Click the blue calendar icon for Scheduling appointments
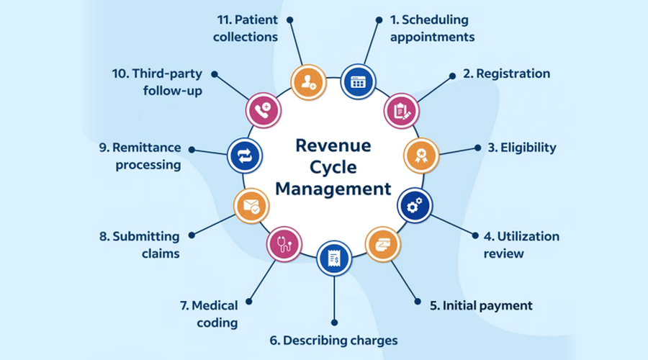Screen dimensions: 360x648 (x=358, y=81)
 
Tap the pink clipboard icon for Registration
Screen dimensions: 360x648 (x=401, y=110)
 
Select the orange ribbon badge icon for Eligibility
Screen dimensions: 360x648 (x=419, y=155)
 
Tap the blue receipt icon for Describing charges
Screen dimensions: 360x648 (x=333, y=258)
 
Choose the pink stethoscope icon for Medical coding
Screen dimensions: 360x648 (x=284, y=243)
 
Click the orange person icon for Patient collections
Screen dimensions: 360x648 (x=308, y=82)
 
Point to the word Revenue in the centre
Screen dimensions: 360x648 (x=333, y=145)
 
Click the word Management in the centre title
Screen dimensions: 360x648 (x=333, y=189)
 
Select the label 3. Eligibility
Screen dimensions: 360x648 (x=522, y=148)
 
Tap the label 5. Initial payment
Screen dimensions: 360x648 (x=481, y=305)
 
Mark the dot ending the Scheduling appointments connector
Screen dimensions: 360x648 (x=379, y=22)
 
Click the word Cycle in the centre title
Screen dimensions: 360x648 (x=333, y=167)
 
